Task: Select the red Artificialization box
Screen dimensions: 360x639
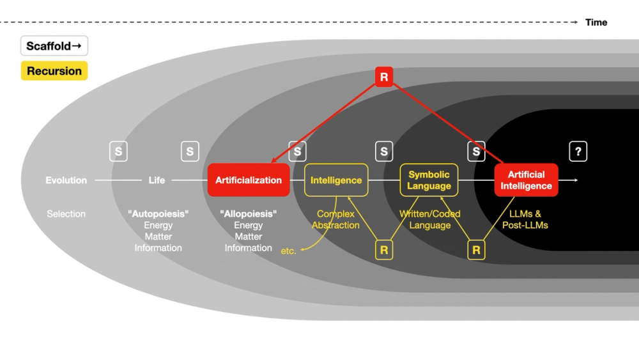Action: [249, 180]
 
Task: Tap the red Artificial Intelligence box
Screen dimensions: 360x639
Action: [526, 180]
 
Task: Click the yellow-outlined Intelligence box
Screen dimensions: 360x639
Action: [336, 180]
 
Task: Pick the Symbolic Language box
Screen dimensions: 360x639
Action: [429, 180]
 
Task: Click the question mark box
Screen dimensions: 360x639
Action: [578, 152]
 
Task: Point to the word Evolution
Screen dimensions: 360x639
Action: [66, 180]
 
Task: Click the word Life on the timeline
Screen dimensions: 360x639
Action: [157, 180]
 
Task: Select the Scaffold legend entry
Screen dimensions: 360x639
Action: [54, 46]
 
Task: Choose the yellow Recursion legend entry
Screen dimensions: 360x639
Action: [54, 71]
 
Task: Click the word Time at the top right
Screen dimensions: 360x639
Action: [596, 22]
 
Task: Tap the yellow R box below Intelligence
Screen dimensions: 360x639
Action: [383, 250]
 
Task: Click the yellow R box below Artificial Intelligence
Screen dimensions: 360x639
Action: [476, 250]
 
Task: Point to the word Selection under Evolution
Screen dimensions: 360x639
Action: [66, 214]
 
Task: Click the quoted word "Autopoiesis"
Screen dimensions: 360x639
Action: [158, 214]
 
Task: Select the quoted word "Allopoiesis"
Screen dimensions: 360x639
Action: [248, 214]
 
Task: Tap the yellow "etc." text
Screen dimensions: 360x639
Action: [288, 251]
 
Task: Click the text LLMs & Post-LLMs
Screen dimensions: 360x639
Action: [525, 219]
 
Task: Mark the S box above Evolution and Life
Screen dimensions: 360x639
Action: [118, 152]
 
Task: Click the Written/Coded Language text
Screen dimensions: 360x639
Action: [429, 219]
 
